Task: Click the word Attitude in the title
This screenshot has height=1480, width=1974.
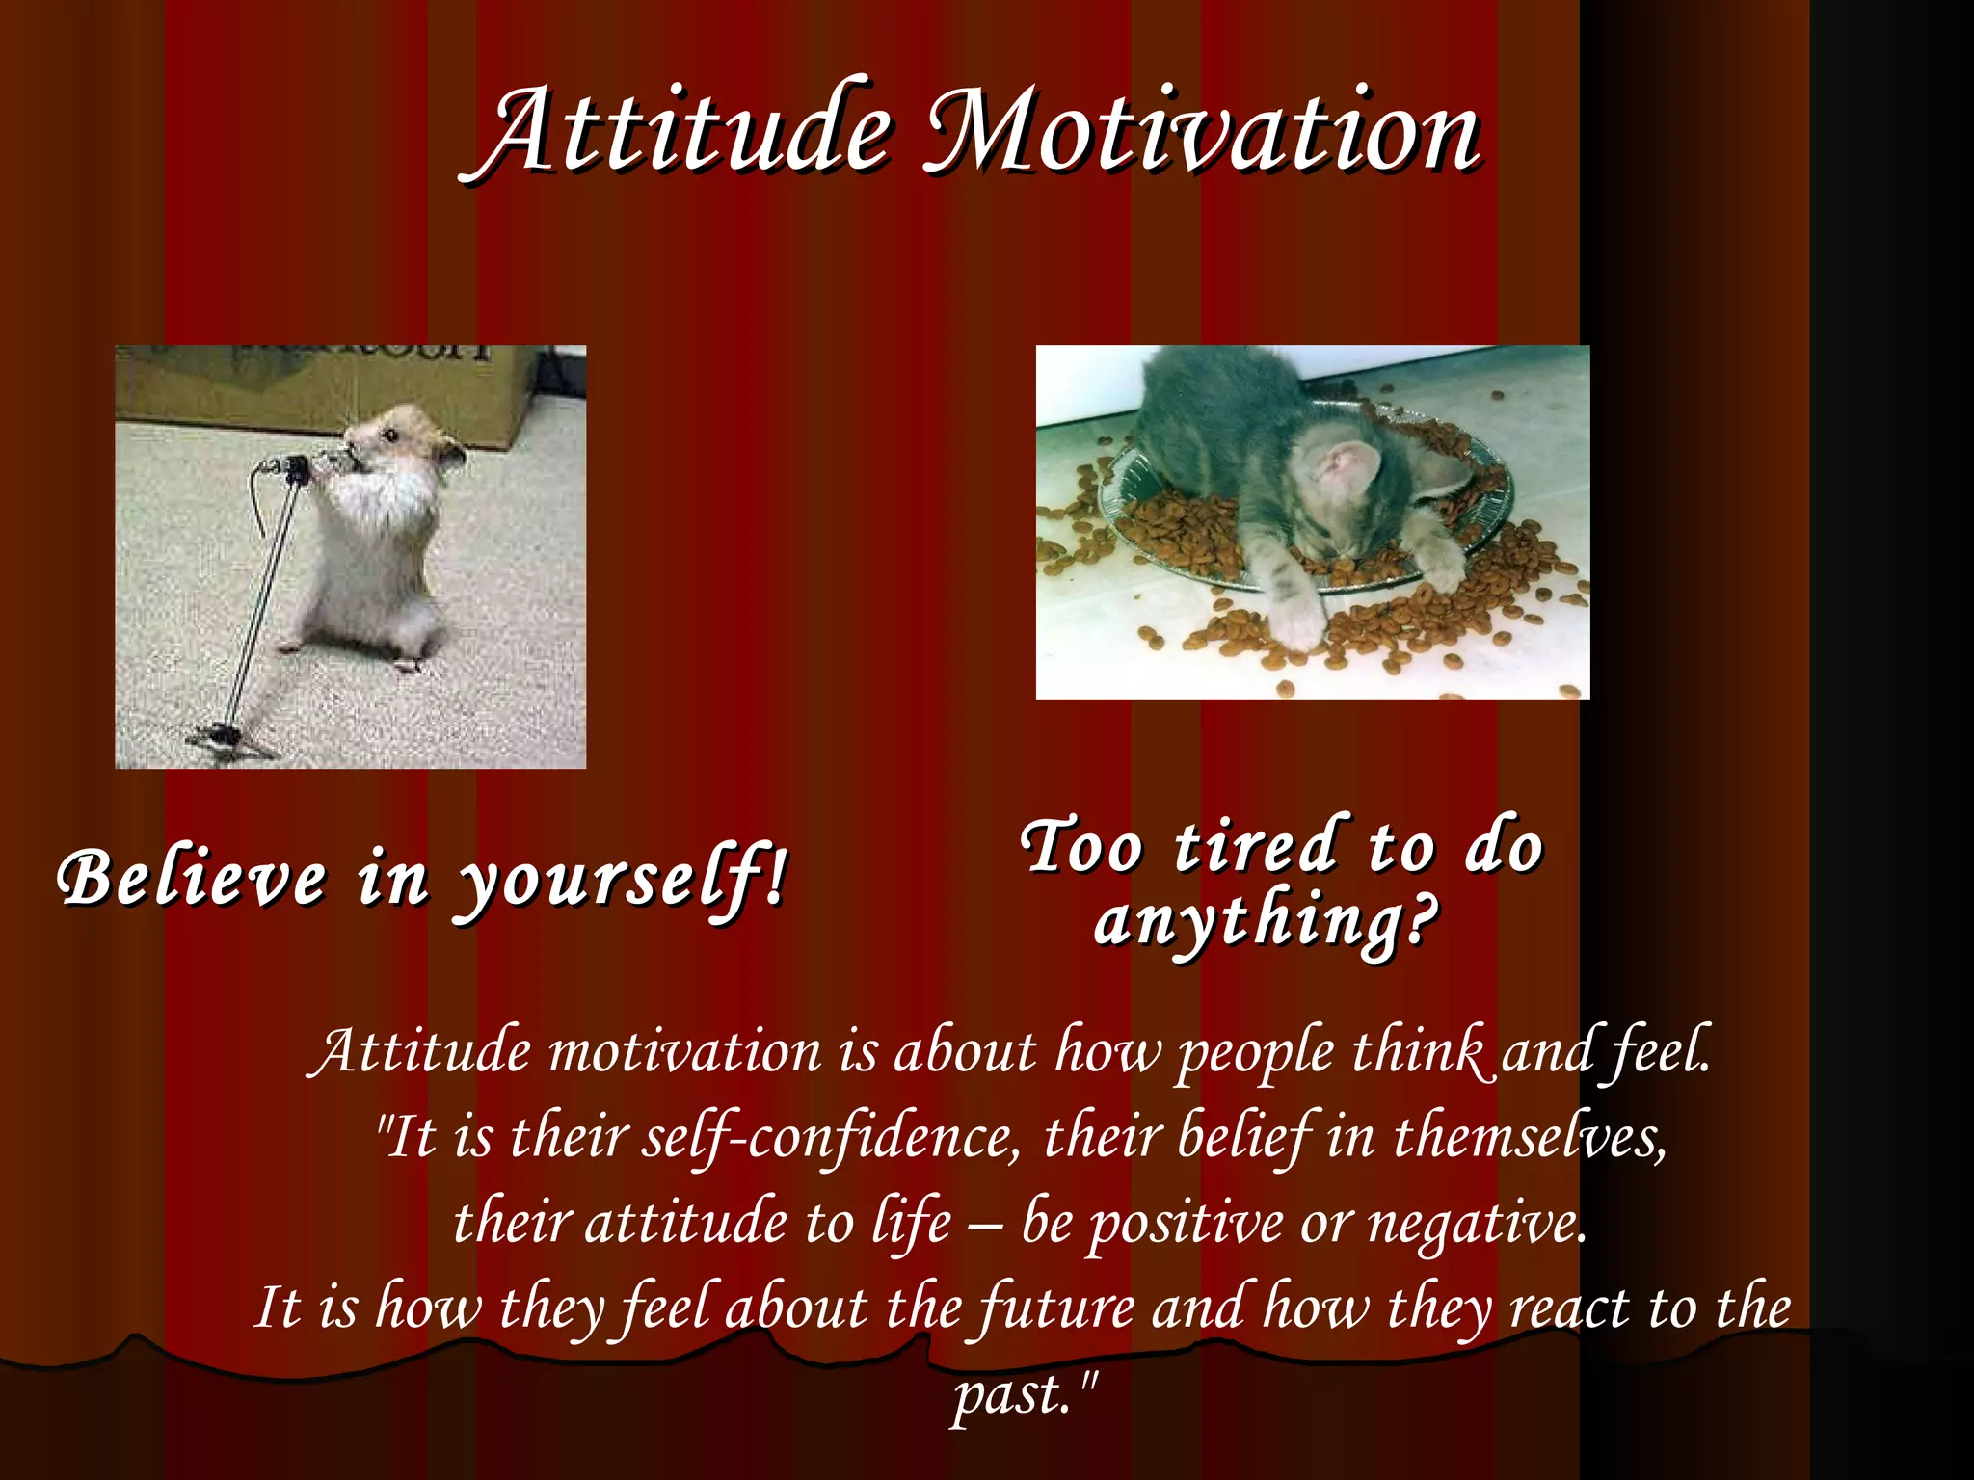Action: tap(675, 130)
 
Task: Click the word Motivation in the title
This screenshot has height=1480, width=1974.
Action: tap(1200, 130)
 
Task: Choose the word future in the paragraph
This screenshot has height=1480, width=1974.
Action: tap(1055, 1308)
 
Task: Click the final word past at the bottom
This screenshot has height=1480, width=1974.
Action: tap(1012, 1395)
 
